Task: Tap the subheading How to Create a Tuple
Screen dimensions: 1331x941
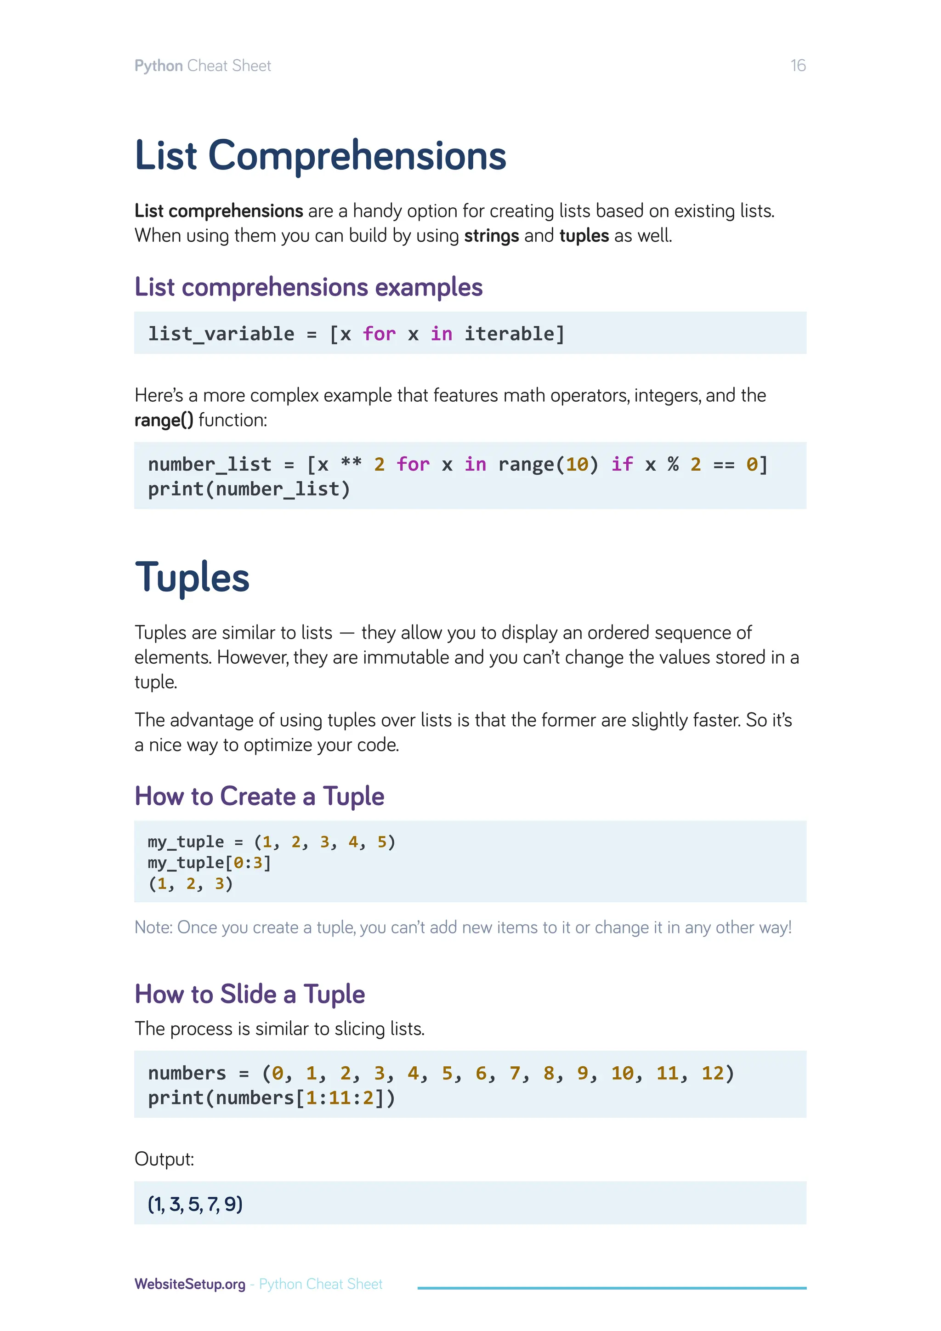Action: coord(259,796)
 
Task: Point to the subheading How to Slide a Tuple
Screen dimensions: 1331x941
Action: coord(250,994)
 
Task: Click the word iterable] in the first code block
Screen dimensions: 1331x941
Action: coord(514,334)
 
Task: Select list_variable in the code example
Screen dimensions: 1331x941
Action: coord(221,334)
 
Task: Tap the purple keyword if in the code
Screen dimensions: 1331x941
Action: coord(622,464)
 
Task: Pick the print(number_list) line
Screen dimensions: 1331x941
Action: coord(249,489)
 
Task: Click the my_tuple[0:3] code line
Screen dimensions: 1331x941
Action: coord(209,863)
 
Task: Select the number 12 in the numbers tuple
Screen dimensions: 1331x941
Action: coord(712,1073)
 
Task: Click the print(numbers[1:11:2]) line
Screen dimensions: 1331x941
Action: coord(271,1098)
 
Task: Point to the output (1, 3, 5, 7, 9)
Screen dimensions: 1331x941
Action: coord(195,1204)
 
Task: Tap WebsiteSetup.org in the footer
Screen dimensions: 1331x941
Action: coord(189,1284)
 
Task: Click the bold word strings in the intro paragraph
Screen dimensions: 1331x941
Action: coord(491,236)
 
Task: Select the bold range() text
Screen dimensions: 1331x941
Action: coord(164,420)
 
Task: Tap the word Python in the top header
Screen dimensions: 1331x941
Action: coord(158,66)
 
